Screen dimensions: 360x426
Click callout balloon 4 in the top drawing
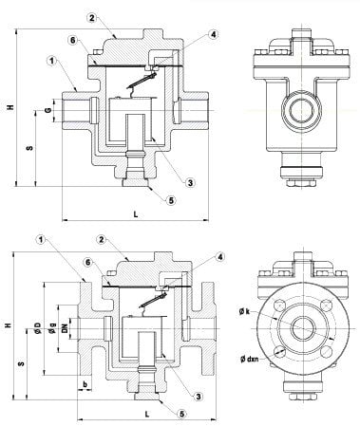click(x=214, y=34)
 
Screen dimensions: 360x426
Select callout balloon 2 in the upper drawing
click(x=92, y=18)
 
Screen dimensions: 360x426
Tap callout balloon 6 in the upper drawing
click(x=73, y=40)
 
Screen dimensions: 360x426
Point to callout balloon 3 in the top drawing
click(x=190, y=182)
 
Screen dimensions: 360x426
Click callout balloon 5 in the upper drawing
click(x=171, y=200)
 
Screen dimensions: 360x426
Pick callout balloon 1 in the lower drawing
click(x=41, y=240)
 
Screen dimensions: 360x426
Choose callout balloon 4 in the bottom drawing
click(x=220, y=257)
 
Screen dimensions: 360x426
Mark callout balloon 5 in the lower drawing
click(x=181, y=415)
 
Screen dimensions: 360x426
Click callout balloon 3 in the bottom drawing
click(x=199, y=397)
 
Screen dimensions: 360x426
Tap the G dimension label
click(x=48, y=110)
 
